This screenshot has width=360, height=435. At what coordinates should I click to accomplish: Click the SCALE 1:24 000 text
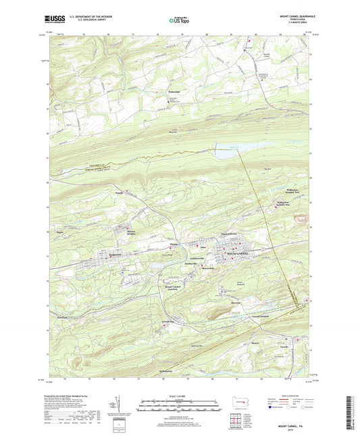180,395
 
